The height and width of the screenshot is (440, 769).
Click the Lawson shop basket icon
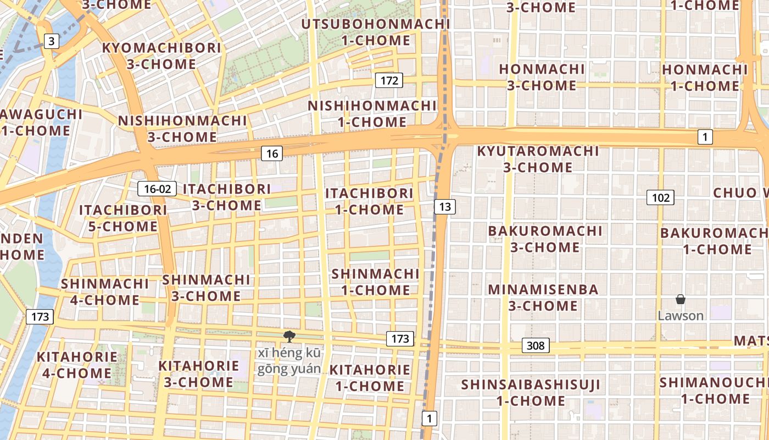[x=680, y=300]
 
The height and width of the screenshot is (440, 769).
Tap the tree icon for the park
[x=289, y=337]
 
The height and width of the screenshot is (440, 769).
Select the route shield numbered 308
[x=535, y=345]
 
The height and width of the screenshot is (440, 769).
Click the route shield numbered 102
[x=660, y=197]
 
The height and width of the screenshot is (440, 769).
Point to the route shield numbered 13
[x=444, y=207]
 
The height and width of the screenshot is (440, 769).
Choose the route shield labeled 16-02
[x=157, y=189]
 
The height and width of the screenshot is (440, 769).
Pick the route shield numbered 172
[x=389, y=81]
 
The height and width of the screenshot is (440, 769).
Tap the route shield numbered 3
[x=51, y=41]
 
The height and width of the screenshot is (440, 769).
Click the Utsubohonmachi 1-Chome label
[x=376, y=32]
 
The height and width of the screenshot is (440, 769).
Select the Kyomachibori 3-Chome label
[x=161, y=56]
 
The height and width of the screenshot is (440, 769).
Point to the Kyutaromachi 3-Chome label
[x=538, y=159]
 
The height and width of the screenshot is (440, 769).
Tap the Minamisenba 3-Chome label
[x=543, y=298]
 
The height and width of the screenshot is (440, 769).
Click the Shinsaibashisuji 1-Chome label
[x=531, y=392]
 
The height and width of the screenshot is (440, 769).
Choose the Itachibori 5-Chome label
[x=122, y=218]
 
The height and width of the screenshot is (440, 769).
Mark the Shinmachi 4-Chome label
[x=104, y=292]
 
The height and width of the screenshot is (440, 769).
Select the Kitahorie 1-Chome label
[x=370, y=378]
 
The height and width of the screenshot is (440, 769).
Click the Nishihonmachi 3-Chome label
[x=182, y=129]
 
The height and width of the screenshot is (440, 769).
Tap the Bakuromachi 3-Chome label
[x=545, y=239]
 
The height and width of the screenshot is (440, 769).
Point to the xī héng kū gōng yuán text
[x=289, y=361]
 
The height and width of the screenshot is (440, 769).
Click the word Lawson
[x=681, y=316]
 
